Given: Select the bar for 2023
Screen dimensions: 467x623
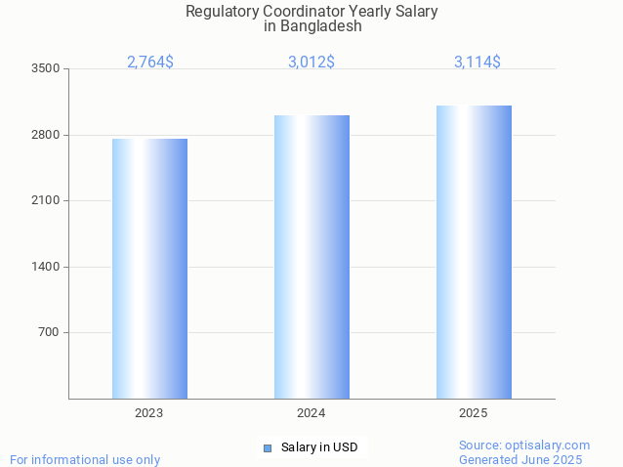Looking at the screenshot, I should (149, 269).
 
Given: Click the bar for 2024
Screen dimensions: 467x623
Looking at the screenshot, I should (311, 257).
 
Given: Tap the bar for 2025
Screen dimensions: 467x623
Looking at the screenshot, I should (474, 252).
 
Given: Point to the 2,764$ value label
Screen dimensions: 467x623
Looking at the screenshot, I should (150, 63).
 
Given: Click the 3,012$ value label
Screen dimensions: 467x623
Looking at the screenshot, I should (311, 63).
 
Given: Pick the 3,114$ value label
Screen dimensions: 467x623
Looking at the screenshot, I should (478, 63).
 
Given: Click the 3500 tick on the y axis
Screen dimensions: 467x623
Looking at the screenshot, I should (46, 69).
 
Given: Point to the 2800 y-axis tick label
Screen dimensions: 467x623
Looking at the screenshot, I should (46, 135).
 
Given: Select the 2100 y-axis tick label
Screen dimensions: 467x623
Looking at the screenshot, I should (46, 201).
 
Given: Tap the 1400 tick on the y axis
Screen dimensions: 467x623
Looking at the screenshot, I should (46, 267).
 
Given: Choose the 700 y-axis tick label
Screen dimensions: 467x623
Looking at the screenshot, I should (49, 333).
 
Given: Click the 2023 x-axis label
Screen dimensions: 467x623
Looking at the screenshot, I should (149, 413).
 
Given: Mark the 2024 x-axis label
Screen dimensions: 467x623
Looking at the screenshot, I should (311, 413).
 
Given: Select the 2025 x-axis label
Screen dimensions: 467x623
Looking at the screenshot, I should (474, 413).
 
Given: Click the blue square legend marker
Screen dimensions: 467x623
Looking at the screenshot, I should (267, 448).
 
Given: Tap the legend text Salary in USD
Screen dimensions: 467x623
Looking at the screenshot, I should (319, 447).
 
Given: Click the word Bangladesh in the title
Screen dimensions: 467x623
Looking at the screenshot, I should (320, 26).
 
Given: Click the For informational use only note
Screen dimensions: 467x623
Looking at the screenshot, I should (85, 459).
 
